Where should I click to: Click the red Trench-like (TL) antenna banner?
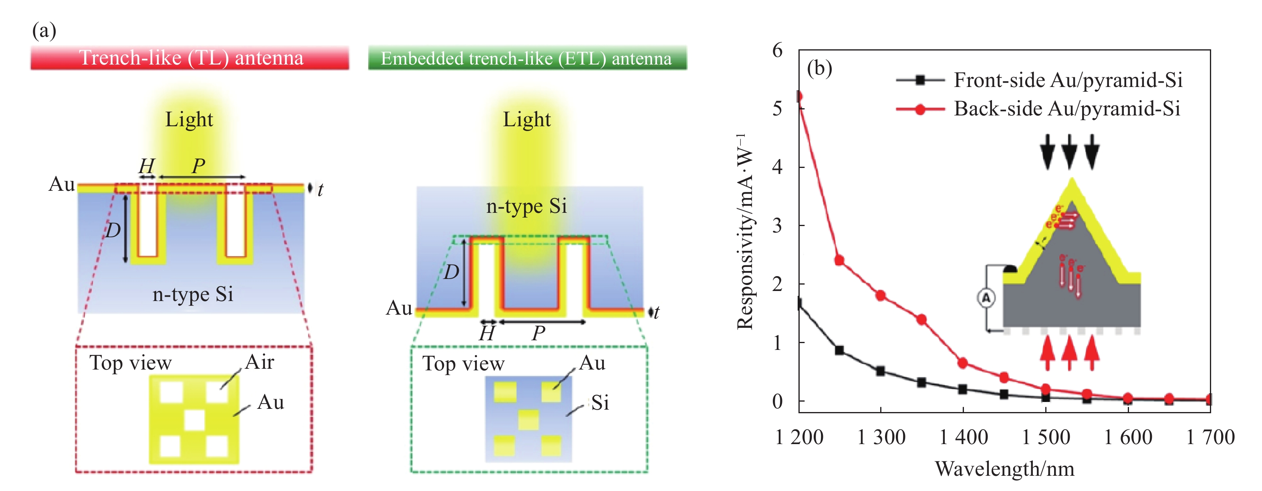[190, 58]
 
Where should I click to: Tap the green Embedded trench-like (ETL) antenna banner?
[527, 58]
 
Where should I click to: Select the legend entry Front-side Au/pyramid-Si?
[1068, 80]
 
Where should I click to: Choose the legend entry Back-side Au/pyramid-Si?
[1067, 109]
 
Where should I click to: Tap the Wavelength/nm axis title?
[1004, 469]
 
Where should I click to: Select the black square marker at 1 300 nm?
[880, 371]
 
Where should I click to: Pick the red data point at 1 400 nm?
[963, 363]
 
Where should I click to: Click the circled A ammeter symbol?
[986, 298]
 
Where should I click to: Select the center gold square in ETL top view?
[528, 420]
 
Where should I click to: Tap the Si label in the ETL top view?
[600, 402]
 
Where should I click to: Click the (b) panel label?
[819, 68]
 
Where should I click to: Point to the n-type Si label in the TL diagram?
[193, 294]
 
